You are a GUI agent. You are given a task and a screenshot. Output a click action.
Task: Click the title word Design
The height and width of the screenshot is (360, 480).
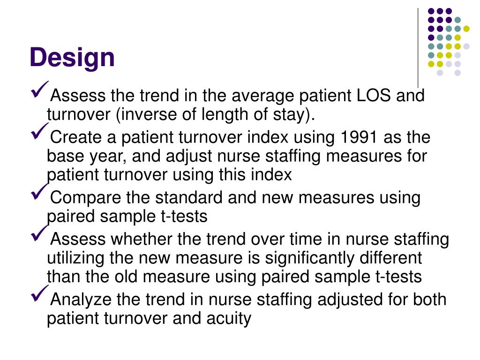click(72, 58)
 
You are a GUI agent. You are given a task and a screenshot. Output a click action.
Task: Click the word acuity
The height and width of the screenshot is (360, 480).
click(229, 319)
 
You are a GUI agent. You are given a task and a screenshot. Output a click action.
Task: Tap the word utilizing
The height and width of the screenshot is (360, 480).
click(75, 258)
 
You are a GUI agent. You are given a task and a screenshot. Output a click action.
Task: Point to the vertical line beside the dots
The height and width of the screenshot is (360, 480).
click(418, 47)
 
